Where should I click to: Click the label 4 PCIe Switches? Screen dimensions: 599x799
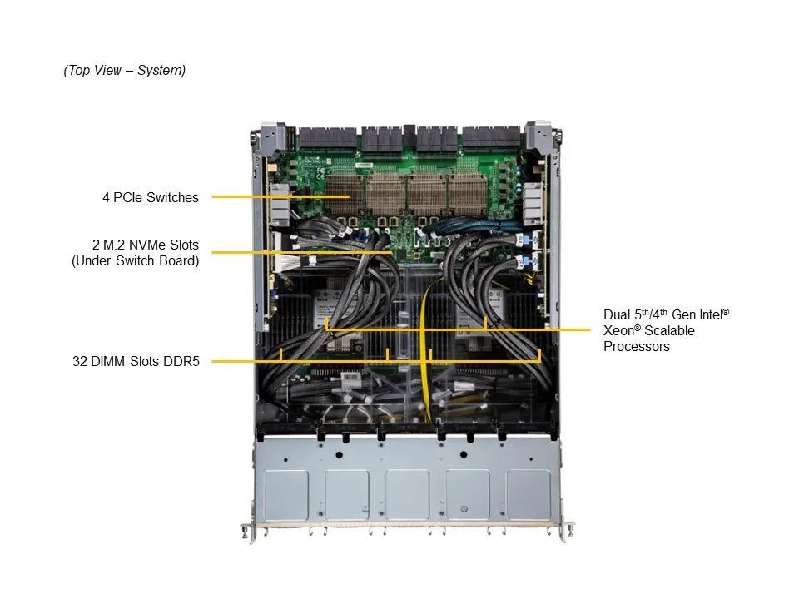[x=151, y=198]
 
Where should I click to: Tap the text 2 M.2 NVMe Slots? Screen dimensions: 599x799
[x=146, y=245]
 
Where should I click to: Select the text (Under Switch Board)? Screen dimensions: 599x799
[x=136, y=260]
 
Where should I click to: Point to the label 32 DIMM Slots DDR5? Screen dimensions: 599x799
[x=136, y=361]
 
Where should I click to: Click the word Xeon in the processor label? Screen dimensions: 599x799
[x=618, y=330]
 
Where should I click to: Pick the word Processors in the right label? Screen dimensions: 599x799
[x=636, y=346]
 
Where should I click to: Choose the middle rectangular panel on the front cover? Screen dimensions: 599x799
[x=407, y=494]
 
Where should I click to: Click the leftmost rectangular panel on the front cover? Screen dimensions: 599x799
[x=285, y=494]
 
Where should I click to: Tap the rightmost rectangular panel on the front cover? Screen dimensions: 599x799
[x=529, y=494]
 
